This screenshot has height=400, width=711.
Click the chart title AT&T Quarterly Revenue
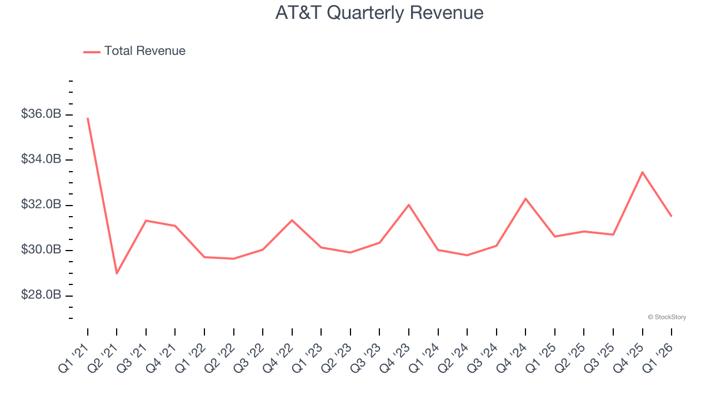[379, 12]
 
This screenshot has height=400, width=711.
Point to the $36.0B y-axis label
[41, 114]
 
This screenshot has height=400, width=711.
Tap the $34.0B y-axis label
[41, 159]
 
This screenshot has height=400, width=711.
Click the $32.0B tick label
[41, 205]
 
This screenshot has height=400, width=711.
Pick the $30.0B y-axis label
[41, 250]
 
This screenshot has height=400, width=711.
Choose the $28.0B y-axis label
[41, 295]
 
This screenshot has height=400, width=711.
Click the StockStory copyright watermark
[667, 317]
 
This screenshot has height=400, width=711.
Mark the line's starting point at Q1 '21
[88, 118]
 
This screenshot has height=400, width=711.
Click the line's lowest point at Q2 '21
[117, 273]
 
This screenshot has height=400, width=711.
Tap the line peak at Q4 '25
[642, 172]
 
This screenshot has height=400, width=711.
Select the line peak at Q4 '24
[525, 198]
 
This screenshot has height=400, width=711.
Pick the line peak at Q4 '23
[409, 205]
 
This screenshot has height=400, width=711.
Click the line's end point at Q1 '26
[672, 216]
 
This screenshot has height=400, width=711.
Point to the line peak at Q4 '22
[292, 220]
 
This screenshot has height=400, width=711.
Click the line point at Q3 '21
[146, 221]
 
